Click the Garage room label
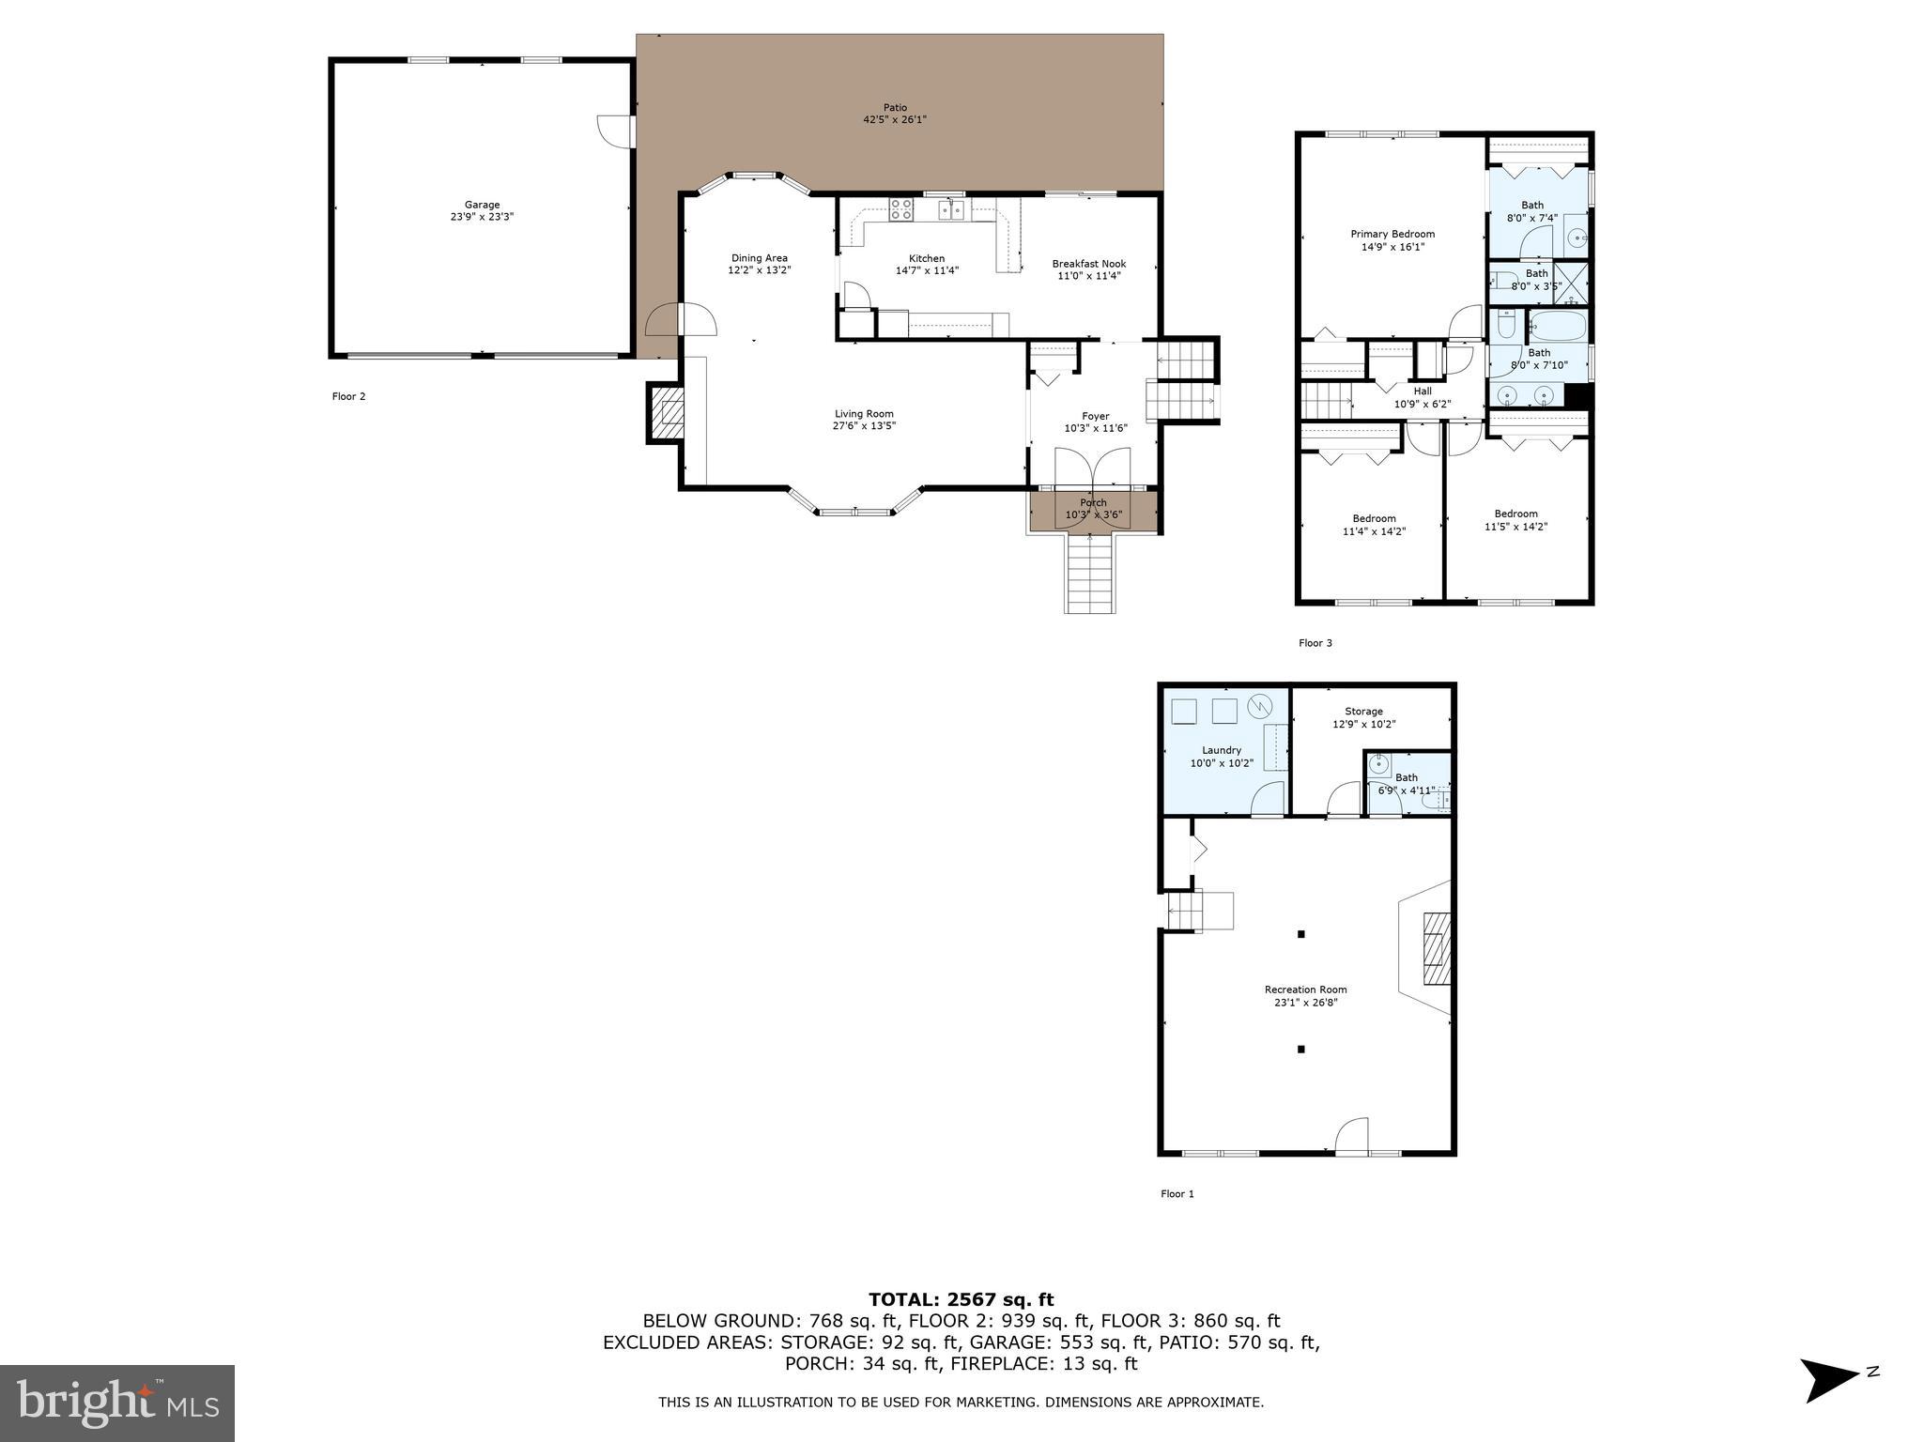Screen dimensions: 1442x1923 pyautogui.click(x=482, y=205)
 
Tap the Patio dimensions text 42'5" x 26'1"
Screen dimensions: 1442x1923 pyautogui.click(x=895, y=120)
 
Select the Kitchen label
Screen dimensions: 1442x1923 pyautogui.click(x=926, y=258)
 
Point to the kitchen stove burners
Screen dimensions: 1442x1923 pyautogui.click(x=901, y=208)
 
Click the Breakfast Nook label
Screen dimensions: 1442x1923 pyautogui.click(x=1088, y=264)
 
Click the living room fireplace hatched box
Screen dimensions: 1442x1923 pyautogui.click(x=668, y=412)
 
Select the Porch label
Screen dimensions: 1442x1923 pyautogui.click(x=1093, y=503)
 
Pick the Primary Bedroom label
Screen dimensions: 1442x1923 pyautogui.click(x=1392, y=234)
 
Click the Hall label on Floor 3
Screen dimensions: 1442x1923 pyautogui.click(x=1422, y=391)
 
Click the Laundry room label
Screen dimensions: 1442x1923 pyautogui.click(x=1221, y=750)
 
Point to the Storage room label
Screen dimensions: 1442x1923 pyautogui.click(x=1362, y=712)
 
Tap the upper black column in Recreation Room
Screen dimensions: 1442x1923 pyautogui.click(x=1300, y=934)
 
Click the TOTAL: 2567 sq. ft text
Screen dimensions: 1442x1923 pyautogui.click(x=961, y=1300)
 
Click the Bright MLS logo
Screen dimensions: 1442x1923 pyautogui.click(x=117, y=1403)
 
